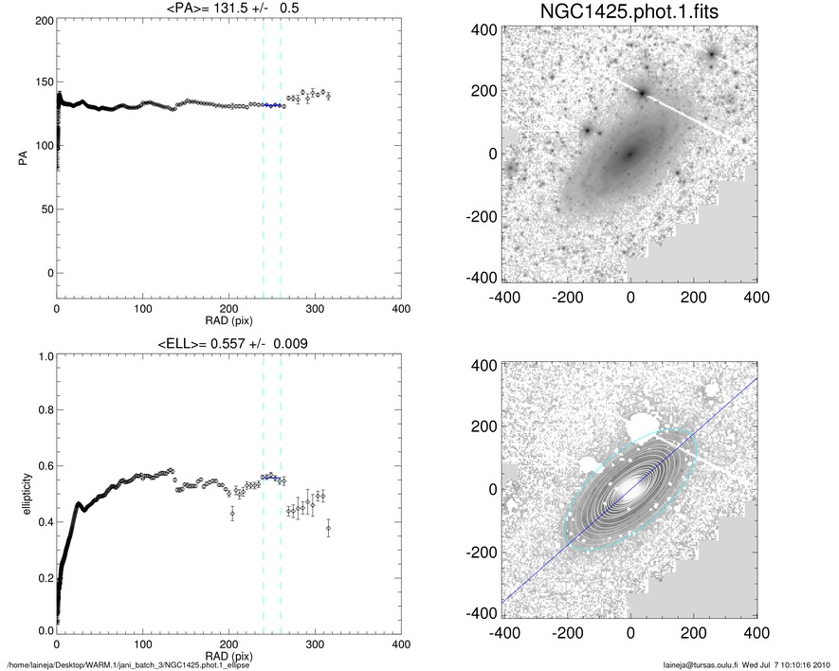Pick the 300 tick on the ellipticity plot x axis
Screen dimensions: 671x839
[315, 643]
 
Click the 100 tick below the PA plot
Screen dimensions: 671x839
[143, 309]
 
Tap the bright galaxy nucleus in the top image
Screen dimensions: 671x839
[629, 154]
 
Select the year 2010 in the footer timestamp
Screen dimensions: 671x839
[823, 662]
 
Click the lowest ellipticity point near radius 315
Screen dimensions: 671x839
[328, 527]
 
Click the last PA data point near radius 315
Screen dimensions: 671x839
[328, 96]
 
